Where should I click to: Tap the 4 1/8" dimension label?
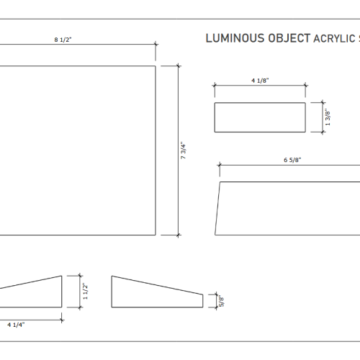coord(260,81)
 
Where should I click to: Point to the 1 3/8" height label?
coord(328,117)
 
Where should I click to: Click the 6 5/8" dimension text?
coord(292,160)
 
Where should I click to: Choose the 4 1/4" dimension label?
coord(16,325)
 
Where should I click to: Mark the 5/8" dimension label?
coord(222,301)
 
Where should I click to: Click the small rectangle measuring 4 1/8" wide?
coord(260,117)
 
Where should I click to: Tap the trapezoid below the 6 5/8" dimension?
coord(288,209)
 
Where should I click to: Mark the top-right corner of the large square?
coord(156,66)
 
